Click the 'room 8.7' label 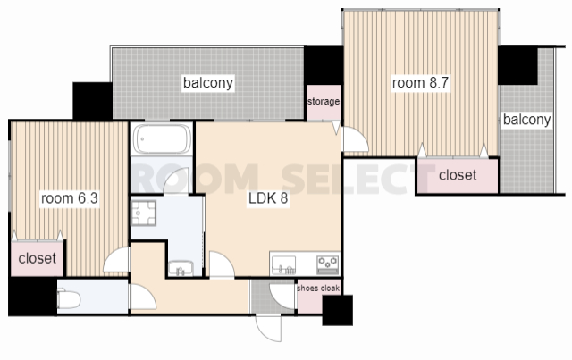420,83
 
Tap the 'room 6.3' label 70,198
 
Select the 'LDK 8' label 268,198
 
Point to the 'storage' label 324,102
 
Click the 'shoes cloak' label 318,289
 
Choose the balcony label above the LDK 208,83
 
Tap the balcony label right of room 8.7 526,120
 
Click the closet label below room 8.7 458,175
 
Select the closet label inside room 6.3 38,258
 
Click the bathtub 163,139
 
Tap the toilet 69,298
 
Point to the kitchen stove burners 328,264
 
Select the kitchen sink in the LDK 284,265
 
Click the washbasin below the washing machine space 181,268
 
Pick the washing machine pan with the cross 144,213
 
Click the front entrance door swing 269,328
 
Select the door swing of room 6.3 116,260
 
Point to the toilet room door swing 143,297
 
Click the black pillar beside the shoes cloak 338,310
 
